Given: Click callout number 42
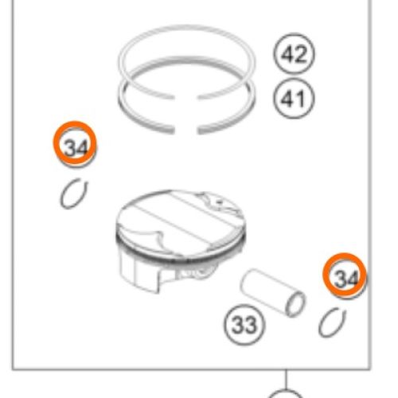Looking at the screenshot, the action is click(x=294, y=53).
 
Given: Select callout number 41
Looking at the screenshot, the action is click(x=294, y=99).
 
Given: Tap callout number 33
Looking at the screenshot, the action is click(x=244, y=324).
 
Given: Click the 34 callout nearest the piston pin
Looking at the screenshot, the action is click(x=345, y=275).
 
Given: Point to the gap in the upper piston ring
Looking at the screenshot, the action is click(x=185, y=97).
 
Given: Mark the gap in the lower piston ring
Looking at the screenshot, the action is click(x=185, y=131).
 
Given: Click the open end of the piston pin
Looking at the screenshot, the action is click(x=295, y=304).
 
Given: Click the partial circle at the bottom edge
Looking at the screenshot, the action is click(x=286, y=391).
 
